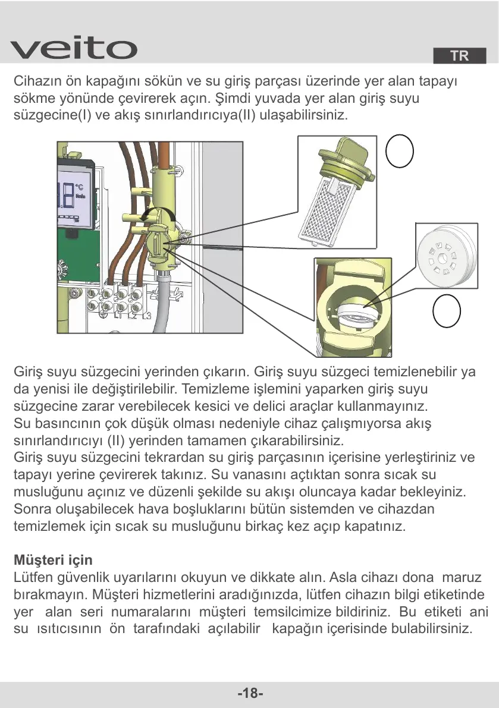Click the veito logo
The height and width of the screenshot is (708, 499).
point(74,48)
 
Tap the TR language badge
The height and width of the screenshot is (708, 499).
point(459,56)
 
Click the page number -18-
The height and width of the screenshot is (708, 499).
point(250,693)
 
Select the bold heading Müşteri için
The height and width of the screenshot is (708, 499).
point(53,561)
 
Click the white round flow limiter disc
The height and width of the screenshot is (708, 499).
point(446,254)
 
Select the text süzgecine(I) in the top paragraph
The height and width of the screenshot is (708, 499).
point(50,115)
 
